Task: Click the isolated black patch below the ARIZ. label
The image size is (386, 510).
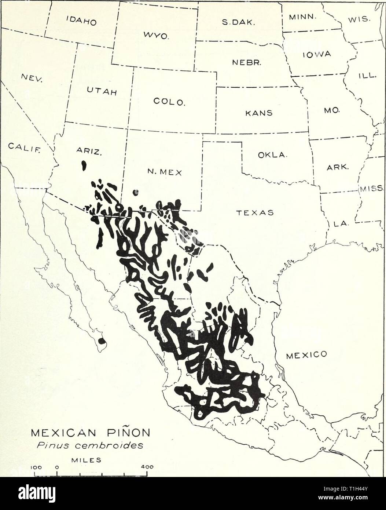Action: [84, 165]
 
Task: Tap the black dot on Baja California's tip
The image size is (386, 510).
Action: [102, 342]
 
